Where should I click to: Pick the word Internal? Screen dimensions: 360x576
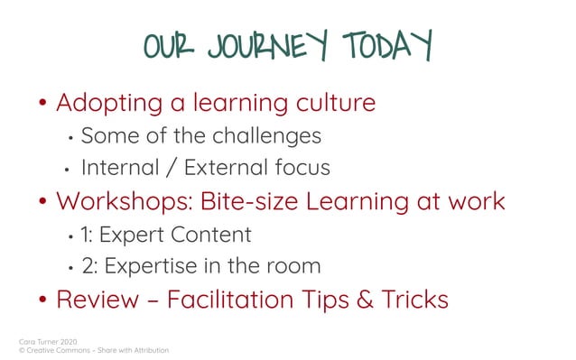click(x=122, y=168)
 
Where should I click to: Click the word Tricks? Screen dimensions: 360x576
click(x=416, y=300)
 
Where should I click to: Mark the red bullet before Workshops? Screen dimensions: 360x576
click(x=42, y=202)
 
